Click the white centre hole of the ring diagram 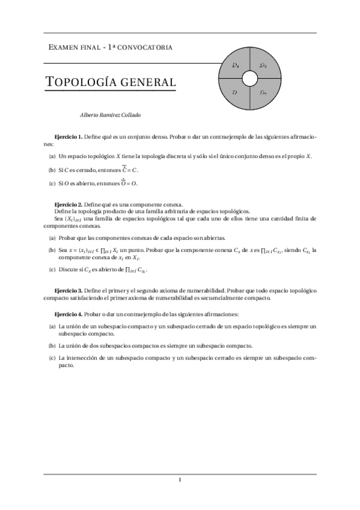tap(249, 79)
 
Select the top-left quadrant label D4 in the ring tap(236, 65)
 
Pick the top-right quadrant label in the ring tap(263, 65)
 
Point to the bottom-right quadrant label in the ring tap(263, 93)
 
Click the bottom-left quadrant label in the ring tap(235, 93)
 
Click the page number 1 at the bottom tap(180, 479)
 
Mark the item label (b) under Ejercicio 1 tap(52, 170)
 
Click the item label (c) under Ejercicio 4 tap(52, 358)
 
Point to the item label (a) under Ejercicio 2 tap(52, 238)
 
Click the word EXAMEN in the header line tap(63, 47)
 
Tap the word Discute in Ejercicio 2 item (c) tap(68, 270)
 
